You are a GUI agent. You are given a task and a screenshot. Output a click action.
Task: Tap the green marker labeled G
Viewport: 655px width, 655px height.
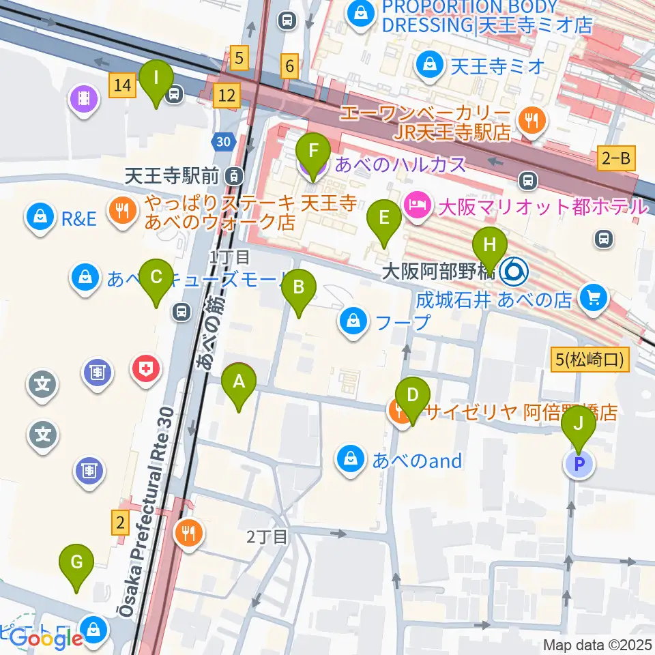[x=76, y=569]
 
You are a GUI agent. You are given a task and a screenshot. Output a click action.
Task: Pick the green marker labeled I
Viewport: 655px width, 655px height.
[x=156, y=85]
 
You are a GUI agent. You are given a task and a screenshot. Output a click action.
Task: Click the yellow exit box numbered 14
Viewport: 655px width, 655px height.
[x=122, y=85]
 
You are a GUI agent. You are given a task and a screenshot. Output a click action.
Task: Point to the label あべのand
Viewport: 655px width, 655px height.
[x=417, y=461]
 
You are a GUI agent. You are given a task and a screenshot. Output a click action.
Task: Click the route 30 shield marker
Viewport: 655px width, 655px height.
[x=222, y=142]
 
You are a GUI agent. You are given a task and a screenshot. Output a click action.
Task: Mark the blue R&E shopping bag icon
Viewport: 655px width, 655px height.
[x=40, y=218]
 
